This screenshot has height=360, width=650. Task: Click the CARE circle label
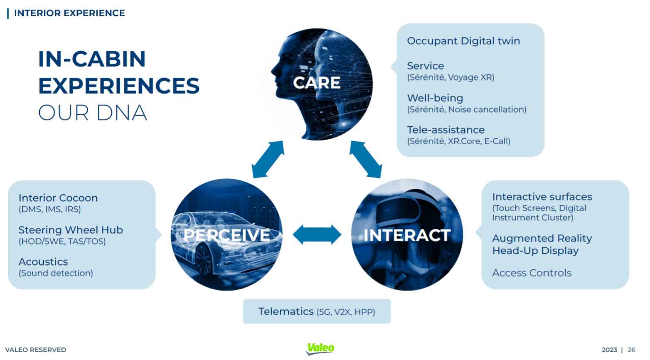(x=317, y=83)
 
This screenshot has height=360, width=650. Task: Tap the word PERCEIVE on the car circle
(x=227, y=235)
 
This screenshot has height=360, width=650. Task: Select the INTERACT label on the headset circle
(x=407, y=235)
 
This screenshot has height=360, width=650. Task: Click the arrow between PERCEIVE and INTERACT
(x=317, y=235)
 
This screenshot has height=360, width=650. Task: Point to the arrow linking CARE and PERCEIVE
(x=268, y=159)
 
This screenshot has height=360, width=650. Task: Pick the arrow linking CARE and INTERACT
(x=365, y=159)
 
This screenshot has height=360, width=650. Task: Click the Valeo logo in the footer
(x=320, y=348)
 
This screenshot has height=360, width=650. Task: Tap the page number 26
(x=631, y=350)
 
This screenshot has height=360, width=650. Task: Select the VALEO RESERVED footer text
(x=36, y=350)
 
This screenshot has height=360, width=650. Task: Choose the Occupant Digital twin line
(x=463, y=41)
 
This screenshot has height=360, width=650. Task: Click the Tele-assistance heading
(x=446, y=130)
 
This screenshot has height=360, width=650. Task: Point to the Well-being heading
(x=435, y=98)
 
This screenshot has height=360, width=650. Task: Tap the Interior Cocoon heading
(x=58, y=198)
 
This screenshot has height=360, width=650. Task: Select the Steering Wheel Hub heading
(x=71, y=230)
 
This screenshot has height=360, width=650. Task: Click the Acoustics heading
(x=43, y=261)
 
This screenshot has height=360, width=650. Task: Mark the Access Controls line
(x=532, y=273)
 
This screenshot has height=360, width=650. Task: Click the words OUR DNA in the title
(x=93, y=113)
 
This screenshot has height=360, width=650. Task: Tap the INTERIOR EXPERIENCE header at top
(x=69, y=13)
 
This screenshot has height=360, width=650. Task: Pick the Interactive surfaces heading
(x=542, y=197)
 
